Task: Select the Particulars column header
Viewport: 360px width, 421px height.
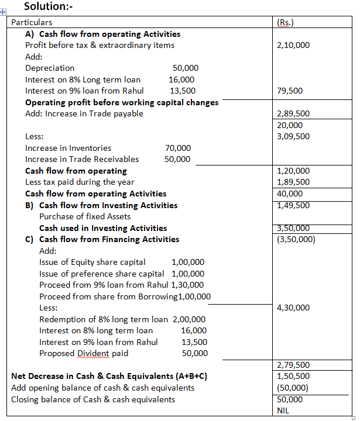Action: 32,22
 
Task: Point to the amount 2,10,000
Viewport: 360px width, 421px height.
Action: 293,45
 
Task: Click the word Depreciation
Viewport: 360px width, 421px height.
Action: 50,68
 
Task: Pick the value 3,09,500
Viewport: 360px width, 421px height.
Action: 293,136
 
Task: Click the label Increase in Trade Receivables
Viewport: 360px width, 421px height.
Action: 82,159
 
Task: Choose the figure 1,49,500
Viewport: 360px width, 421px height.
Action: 293,205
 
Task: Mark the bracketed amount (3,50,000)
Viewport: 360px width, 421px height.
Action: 296,239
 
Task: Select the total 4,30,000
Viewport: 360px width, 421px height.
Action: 293,308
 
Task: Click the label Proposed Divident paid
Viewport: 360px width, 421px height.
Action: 84,353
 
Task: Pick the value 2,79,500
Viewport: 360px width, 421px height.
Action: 293,365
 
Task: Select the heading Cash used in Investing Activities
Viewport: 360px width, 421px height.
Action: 103,228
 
